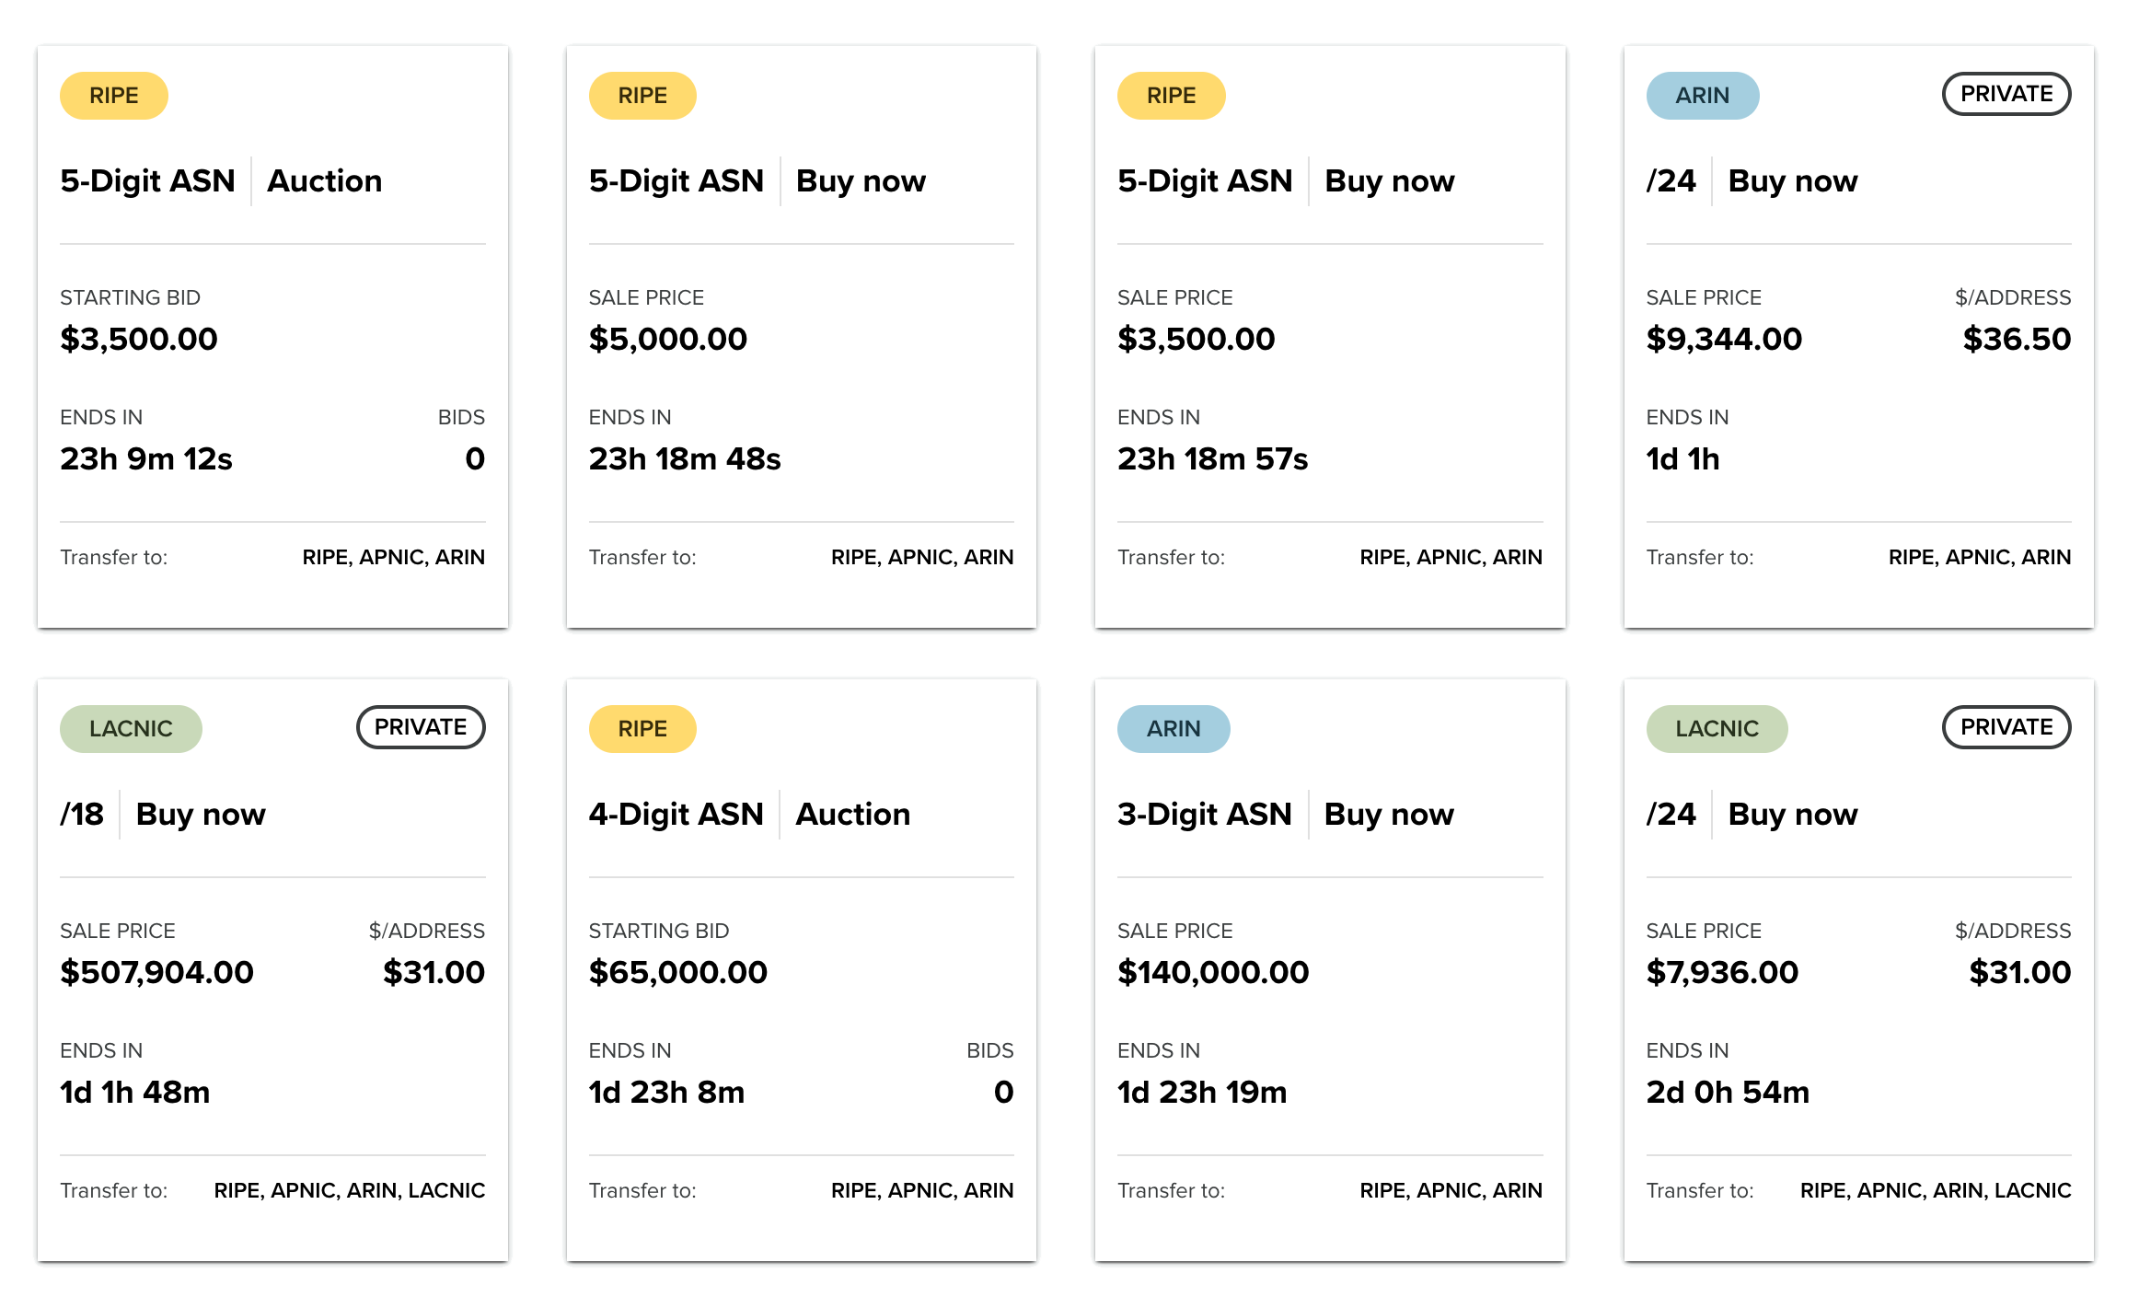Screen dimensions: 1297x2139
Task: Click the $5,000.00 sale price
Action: coord(667,339)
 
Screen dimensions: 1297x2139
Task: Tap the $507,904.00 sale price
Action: coord(156,972)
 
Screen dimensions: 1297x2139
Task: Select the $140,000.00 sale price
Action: coord(1212,972)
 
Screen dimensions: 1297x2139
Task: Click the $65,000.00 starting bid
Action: coord(677,972)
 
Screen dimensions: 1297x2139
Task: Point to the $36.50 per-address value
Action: coord(2016,339)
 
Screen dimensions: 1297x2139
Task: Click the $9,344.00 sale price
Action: coord(1723,339)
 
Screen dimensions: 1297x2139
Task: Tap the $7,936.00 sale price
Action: coord(1721,972)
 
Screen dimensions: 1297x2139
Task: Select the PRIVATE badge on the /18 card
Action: coord(421,727)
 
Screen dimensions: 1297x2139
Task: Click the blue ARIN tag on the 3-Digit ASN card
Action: coord(1173,729)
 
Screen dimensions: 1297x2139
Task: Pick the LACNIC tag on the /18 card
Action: coord(131,729)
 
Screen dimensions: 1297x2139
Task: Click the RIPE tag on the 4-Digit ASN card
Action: coord(642,729)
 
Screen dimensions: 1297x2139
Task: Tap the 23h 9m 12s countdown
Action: coord(146,458)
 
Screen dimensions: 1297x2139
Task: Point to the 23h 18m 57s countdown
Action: coord(1212,458)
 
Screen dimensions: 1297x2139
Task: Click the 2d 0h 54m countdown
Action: coord(1727,1092)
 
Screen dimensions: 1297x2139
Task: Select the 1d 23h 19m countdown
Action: coord(1201,1092)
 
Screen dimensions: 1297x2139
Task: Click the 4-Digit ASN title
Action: coord(676,814)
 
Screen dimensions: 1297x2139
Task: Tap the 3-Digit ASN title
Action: coord(1204,814)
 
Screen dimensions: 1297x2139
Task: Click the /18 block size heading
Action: coord(82,814)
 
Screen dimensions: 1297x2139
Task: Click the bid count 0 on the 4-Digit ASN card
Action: coord(1003,1092)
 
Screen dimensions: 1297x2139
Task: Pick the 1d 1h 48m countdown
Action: coord(135,1092)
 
